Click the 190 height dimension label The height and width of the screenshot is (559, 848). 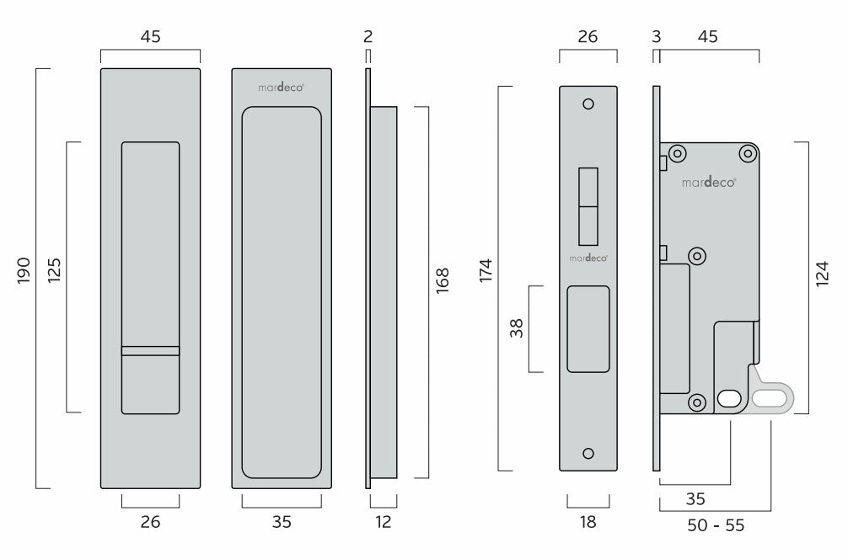click(x=24, y=270)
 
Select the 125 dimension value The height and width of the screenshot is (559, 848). click(x=54, y=270)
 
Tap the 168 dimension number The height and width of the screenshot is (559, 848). click(x=443, y=280)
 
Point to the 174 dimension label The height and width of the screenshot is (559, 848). click(x=486, y=270)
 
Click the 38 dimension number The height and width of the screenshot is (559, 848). click(x=517, y=328)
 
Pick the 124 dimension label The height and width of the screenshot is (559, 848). click(x=822, y=274)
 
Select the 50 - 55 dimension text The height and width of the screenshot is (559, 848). click(x=716, y=525)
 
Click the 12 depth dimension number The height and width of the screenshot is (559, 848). click(x=383, y=522)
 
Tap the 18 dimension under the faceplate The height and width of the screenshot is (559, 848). click(x=588, y=522)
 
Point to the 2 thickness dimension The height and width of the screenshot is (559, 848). click(x=368, y=36)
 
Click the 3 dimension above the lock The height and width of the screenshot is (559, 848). click(x=657, y=36)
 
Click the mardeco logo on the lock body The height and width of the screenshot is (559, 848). click(x=708, y=183)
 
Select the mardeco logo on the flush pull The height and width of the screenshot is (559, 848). click(x=282, y=87)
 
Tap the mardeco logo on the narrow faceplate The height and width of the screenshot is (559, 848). click(x=588, y=258)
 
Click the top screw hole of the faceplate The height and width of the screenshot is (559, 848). click(x=588, y=104)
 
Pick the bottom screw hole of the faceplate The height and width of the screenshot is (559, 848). click(x=588, y=453)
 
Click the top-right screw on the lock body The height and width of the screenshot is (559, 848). click(x=748, y=154)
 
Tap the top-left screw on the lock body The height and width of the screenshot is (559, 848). click(x=677, y=154)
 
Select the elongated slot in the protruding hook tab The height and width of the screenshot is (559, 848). click(x=769, y=398)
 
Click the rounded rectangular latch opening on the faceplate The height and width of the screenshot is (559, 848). click(x=588, y=329)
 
